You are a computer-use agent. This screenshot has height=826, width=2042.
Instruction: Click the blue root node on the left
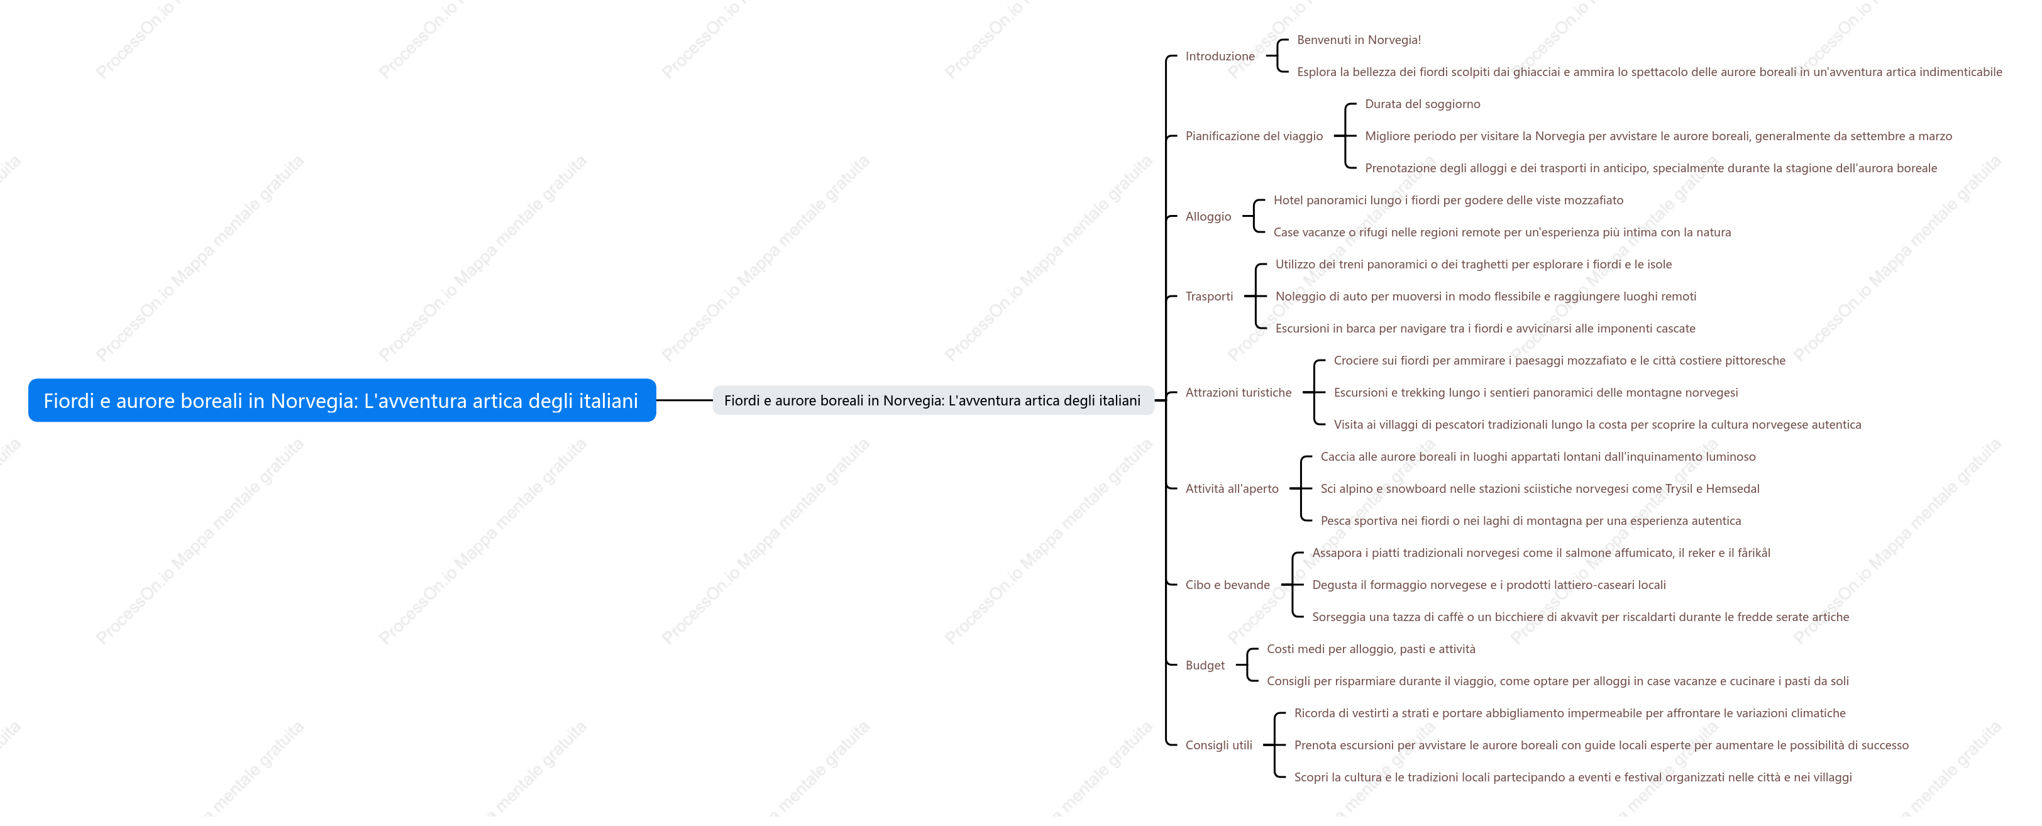pyautogui.click(x=341, y=400)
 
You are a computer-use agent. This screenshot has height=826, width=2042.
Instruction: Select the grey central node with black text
pyautogui.click(x=932, y=400)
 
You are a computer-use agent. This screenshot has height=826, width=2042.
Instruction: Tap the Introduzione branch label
pyautogui.click(x=1220, y=57)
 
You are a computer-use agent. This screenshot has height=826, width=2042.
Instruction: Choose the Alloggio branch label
pyautogui.click(x=1208, y=216)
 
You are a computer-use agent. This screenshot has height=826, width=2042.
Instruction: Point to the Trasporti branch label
pyautogui.click(x=1209, y=297)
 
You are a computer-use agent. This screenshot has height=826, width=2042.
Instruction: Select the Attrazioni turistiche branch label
pyautogui.click(x=1238, y=392)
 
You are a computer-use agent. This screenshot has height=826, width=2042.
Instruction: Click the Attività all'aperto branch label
pyautogui.click(x=1232, y=488)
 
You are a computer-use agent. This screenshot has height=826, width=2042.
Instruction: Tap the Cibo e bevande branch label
pyautogui.click(x=1227, y=585)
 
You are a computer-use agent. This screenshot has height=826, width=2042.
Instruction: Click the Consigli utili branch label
pyautogui.click(x=1218, y=745)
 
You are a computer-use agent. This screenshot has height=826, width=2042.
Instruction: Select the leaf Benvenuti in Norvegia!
pyautogui.click(x=1359, y=40)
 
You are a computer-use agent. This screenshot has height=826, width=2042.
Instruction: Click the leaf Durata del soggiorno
pyautogui.click(x=1422, y=104)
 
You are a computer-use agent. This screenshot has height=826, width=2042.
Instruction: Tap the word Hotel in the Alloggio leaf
pyautogui.click(x=1288, y=201)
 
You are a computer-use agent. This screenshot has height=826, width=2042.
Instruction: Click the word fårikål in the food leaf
pyautogui.click(x=1753, y=553)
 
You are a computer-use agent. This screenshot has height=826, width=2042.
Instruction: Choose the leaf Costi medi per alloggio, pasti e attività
pyautogui.click(x=1371, y=649)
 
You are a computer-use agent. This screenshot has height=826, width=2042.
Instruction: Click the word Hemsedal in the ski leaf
pyautogui.click(x=1732, y=488)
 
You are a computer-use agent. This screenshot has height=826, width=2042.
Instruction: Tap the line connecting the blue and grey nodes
pyautogui.click(x=685, y=400)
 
